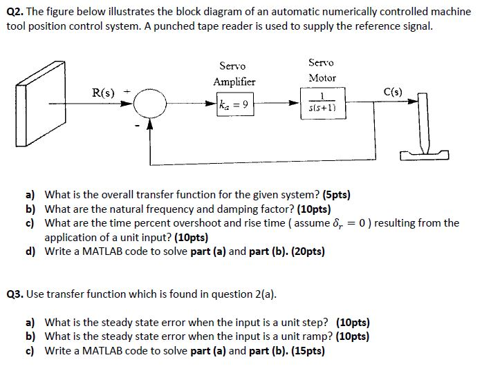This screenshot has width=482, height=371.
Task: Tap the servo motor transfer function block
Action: (322, 102)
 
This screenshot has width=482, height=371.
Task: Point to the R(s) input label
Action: (104, 92)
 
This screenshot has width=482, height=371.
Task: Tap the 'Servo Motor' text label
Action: (322, 70)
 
